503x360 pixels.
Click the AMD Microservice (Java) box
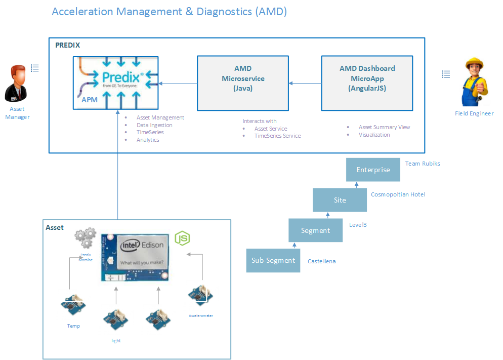[243, 83]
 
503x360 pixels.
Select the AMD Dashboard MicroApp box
[367, 83]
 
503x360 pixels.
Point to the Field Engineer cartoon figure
[474, 82]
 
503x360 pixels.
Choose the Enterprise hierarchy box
[373, 170]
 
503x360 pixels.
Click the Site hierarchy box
[340, 200]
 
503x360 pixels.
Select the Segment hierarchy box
[315, 230]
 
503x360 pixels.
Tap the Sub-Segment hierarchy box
[273, 260]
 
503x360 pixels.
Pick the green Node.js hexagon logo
[182, 238]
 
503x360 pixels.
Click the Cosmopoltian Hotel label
[398, 194]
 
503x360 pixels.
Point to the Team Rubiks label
[423, 164]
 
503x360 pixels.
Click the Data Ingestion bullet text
[154, 125]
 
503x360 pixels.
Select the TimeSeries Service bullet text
[277, 136]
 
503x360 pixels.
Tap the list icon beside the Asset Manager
[35, 67]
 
